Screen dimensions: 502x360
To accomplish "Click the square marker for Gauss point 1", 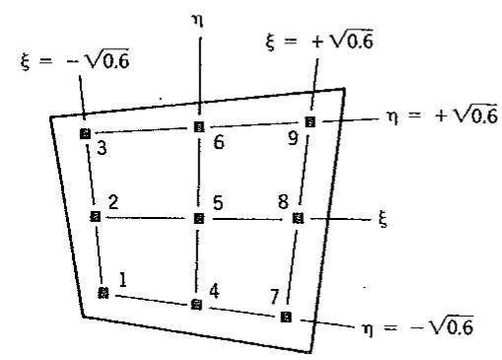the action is (104, 292).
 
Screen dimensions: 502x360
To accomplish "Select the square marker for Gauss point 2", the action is (96, 217).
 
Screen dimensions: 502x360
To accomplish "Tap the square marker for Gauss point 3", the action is (85, 134).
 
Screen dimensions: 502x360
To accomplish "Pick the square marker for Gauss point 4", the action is (196, 305).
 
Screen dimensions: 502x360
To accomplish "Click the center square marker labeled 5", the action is (199, 218).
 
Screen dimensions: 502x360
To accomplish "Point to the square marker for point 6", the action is (199, 127).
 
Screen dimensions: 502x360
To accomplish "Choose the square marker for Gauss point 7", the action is (286, 317).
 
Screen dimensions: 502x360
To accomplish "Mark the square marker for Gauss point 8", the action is (298, 218).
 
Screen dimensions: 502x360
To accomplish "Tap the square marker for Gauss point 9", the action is (310, 122).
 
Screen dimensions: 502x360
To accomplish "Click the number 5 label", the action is (218, 203).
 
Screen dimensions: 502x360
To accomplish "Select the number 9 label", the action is (293, 138).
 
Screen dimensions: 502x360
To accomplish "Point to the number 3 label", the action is (102, 148).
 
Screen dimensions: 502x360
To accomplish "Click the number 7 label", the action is (274, 297).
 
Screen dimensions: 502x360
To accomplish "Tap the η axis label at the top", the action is (197, 22).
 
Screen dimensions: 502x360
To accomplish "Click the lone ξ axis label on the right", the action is (383, 219).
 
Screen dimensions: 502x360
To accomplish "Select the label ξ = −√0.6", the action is (75, 59).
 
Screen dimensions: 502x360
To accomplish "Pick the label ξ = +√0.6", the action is (320, 40).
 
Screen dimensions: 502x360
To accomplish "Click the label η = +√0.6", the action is (442, 115).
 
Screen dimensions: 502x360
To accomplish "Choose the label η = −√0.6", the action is (418, 326).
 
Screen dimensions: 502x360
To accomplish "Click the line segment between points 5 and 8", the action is (249, 219).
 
